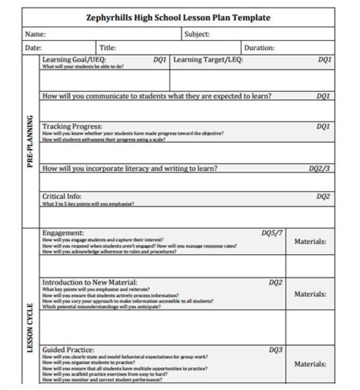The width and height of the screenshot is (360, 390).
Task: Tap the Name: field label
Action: [35, 34]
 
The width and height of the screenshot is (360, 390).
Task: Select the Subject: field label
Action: [197, 34]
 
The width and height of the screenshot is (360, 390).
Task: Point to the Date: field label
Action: [33, 48]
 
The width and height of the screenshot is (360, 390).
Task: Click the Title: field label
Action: [107, 48]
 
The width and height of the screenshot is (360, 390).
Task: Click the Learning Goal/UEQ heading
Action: [74, 59]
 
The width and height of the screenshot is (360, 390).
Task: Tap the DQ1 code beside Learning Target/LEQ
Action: [324, 59]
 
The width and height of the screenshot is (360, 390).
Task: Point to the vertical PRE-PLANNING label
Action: [30, 142]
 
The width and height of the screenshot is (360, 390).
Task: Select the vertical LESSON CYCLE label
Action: [30, 328]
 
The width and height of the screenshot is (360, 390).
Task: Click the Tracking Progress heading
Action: [72, 126]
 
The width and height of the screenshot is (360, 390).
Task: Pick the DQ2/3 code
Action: [319, 168]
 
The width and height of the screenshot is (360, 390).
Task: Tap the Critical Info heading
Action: [61, 196]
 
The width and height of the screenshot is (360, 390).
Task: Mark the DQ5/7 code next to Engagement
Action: [272, 233]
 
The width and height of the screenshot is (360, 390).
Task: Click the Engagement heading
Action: [63, 233]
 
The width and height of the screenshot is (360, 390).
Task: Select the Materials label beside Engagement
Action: [310, 242]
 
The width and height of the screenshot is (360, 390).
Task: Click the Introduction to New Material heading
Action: [89, 282]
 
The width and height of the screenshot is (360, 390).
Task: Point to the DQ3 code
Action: [275, 350]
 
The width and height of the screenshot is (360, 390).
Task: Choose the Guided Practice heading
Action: [68, 350]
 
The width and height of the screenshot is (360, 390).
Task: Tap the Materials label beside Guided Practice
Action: [310, 364]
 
